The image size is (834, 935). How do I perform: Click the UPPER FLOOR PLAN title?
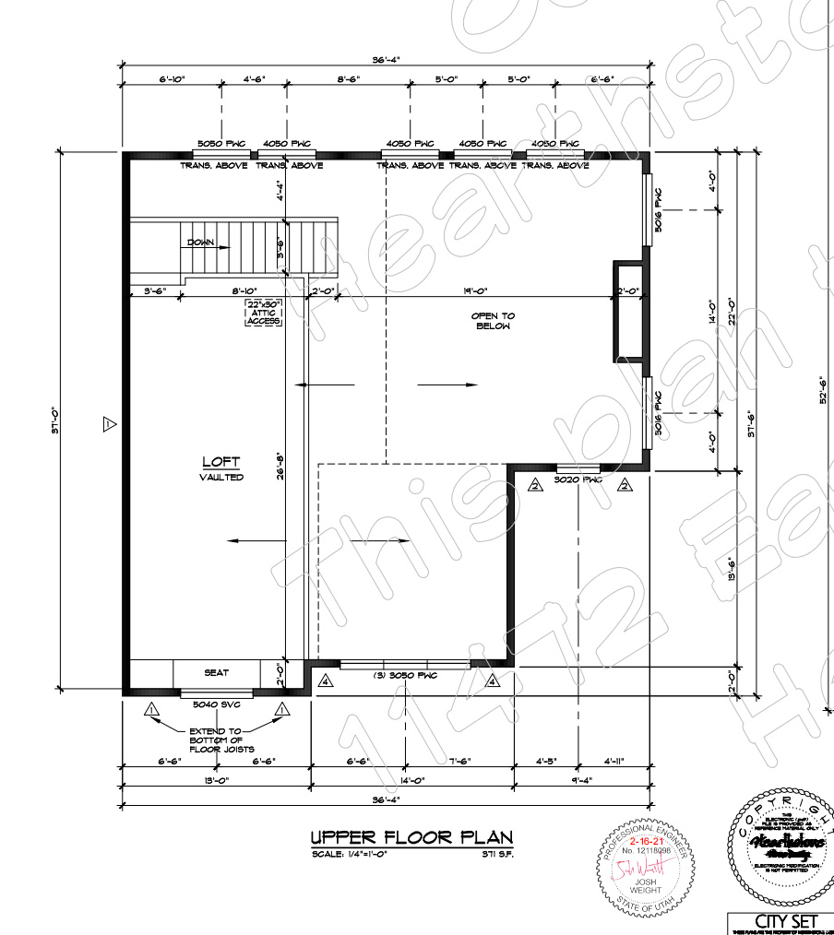411,837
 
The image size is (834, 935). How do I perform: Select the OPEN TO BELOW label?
494,321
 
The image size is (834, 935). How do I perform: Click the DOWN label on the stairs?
200,243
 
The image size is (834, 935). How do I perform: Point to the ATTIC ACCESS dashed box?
264,313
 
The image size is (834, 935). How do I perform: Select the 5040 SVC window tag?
216,704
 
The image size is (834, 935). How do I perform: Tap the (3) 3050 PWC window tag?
403,676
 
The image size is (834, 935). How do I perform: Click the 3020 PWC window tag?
578,480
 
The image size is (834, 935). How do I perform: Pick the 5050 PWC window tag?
220,144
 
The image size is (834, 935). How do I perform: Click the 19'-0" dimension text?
474,291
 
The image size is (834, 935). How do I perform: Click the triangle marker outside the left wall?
108,424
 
